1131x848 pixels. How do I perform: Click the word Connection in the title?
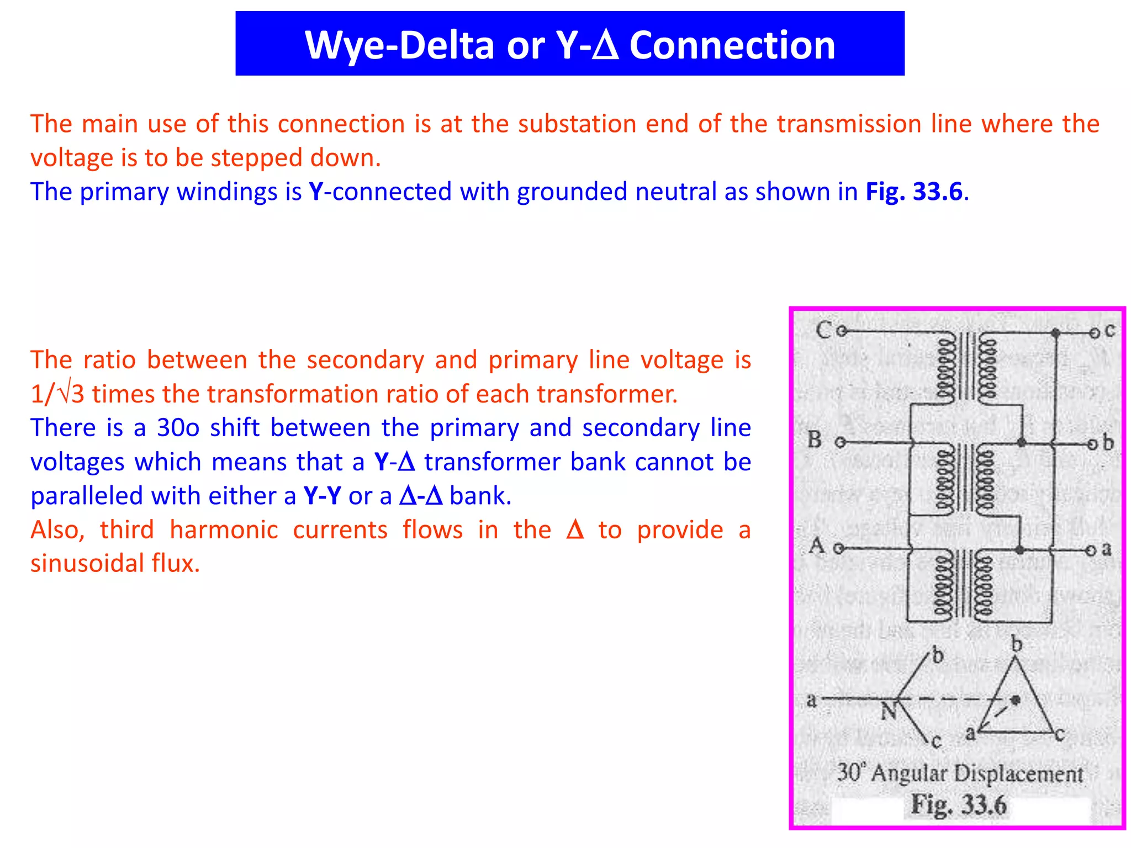pyautogui.click(x=732, y=45)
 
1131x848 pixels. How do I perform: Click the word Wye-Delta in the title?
pyautogui.click(x=399, y=45)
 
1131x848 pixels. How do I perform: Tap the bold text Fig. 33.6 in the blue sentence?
pyautogui.click(x=913, y=192)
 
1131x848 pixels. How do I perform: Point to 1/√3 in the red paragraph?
pyautogui.click(x=57, y=394)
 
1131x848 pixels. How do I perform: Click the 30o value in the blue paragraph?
pyautogui.click(x=178, y=428)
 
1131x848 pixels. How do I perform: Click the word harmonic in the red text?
pyautogui.click(x=224, y=530)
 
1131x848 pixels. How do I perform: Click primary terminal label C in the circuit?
pyautogui.click(x=823, y=330)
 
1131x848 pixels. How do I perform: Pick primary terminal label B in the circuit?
pyautogui.click(x=815, y=440)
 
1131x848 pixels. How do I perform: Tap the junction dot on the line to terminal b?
pyautogui.click(x=1021, y=443)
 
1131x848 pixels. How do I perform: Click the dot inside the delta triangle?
pyautogui.click(x=1015, y=700)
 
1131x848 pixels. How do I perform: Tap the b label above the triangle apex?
pyautogui.click(x=1016, y=644)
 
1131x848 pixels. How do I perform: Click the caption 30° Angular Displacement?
pyautogui.click(x=960, y=773)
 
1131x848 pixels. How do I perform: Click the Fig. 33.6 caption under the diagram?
pyautogui.click(x=959, y=804)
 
